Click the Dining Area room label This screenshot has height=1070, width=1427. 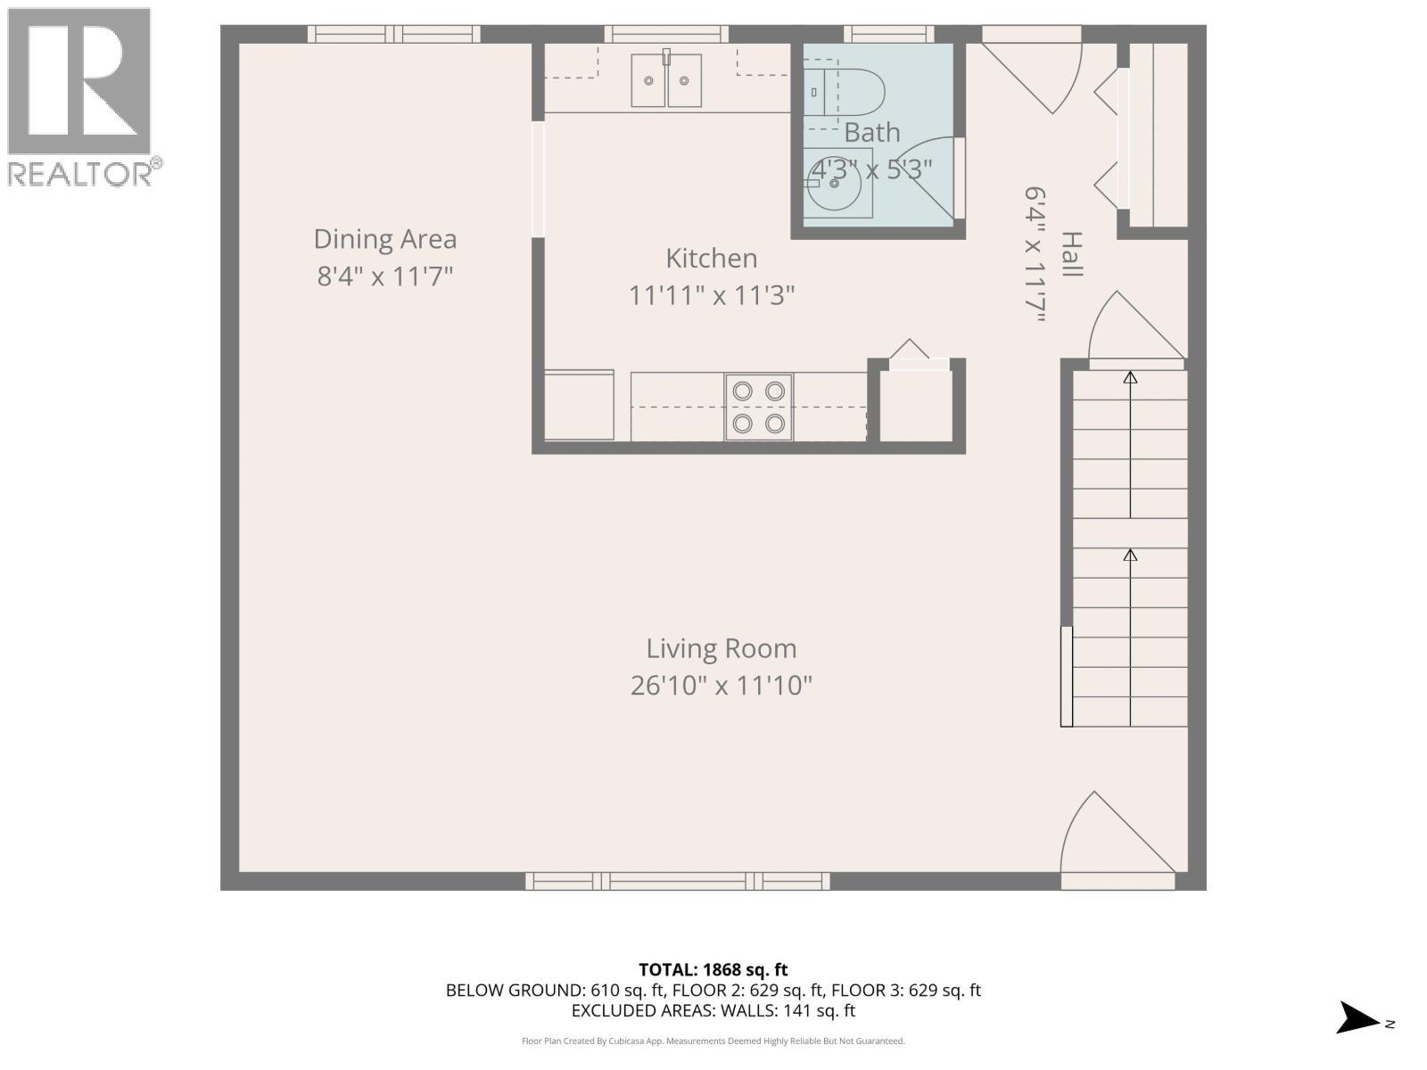[385, 239]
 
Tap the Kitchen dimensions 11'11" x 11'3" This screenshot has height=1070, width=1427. [711, 295]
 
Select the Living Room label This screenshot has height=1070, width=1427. [721, 648]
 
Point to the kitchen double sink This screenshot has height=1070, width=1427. [666, 80]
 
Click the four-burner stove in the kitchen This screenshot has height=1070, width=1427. [758, 407]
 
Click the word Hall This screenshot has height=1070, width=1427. [1071, 254]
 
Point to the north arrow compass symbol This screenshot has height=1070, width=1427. [1357, 1017]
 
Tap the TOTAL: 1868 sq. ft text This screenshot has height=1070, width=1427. [713, 969]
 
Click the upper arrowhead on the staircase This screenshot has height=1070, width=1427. [1130, 378]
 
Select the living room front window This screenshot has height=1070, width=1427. [678, 881]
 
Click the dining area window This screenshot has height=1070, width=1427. [394, 34]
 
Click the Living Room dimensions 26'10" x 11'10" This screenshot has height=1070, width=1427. [721, 686]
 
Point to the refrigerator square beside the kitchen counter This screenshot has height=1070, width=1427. [579, 406]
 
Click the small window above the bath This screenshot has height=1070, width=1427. [888, 34]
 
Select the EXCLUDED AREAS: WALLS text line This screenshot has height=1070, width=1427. [713, 1011]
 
